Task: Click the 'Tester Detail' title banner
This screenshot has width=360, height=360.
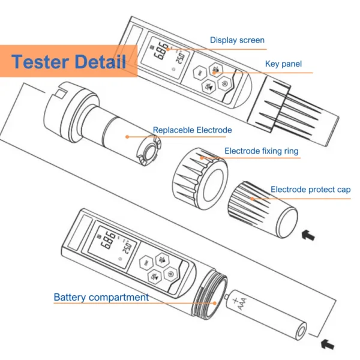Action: coord(68,61)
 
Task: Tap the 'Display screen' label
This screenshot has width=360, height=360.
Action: coord(236,40)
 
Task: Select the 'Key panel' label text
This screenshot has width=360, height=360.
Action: coord(283,64)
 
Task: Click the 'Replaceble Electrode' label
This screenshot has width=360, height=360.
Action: coord(192,130)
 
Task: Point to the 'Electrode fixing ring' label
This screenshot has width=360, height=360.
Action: coord(261,151)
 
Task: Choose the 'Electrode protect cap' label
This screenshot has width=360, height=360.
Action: coord(310,190)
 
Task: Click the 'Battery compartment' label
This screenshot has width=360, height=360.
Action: coord(101,297)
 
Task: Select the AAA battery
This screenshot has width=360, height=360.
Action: coord(264,314)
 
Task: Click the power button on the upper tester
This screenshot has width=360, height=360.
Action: coord(224,85)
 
